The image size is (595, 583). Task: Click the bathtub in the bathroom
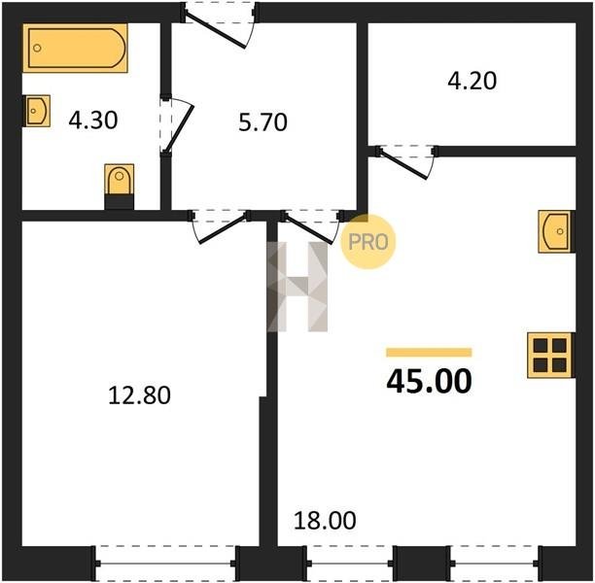(x=75, y=48)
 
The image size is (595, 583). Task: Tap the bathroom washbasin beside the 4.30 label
(x=38, y=111)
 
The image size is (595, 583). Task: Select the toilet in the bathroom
(x=120, y=187)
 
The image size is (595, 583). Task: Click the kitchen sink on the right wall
(x=556, y=231)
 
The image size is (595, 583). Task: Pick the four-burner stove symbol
(x=550, y=355)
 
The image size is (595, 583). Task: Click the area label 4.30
(x=93, y=120)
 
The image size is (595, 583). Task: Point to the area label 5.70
(x=262, y=122)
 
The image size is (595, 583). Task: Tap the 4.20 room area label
(x=472, y=82)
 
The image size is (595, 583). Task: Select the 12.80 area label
(x=139, y=395)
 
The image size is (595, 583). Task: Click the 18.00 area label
(x=325, y=521)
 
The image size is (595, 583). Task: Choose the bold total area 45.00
(x=429, y=381)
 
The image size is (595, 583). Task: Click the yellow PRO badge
(x=368, y=242)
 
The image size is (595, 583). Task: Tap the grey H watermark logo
(x=297, y=287)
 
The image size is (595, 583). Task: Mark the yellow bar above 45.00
(x=429, y=353)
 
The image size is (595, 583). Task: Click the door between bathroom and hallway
(x=177, y=124)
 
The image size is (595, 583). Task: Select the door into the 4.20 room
(x=406, y=162)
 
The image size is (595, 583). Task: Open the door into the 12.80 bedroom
(x=219, y=226)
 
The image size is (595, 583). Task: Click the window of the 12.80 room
(x=166, y=564)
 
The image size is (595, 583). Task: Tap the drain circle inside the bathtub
(x=37, y=48)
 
